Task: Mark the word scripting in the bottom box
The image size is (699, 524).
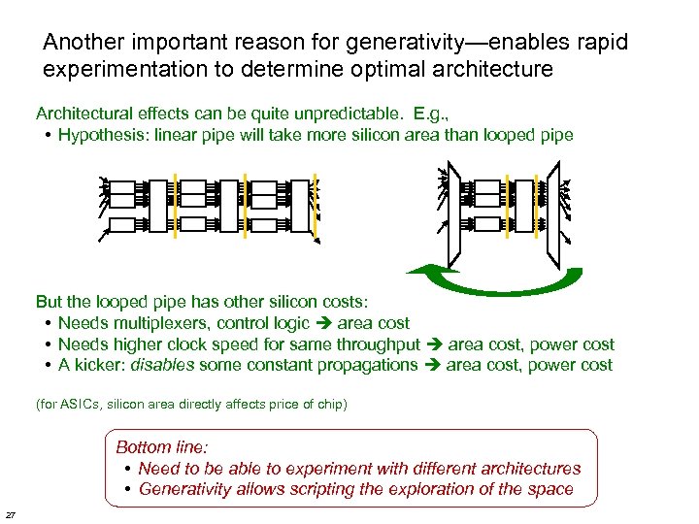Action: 323,489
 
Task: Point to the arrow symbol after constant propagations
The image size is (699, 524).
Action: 432,366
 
